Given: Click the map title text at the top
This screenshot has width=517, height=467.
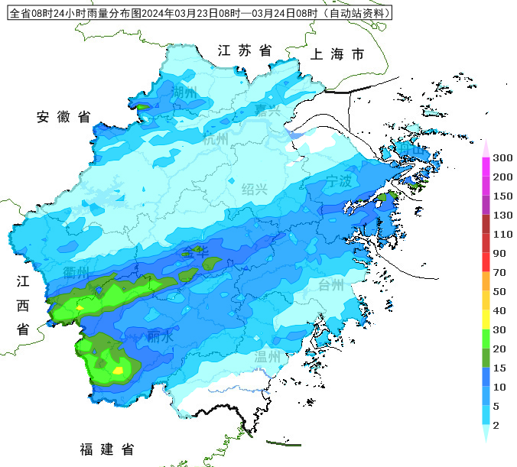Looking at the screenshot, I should click(199, 13).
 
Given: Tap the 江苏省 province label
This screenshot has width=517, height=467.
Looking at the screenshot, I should click(245, 50).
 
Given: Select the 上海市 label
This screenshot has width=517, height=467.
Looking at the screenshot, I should click(337, 54).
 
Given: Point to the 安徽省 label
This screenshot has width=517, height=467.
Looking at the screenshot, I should click(63, 117).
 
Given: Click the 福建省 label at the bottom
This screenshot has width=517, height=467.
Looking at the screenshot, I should click(107, 449).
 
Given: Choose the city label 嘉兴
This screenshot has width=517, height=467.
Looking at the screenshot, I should click(268, 111).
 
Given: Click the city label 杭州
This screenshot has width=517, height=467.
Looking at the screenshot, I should click(216, 139).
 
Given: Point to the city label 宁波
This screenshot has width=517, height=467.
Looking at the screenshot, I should click(339, 181).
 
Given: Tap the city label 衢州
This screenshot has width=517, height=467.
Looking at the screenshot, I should click(76, 273).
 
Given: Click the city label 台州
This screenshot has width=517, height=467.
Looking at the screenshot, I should click(331, 286).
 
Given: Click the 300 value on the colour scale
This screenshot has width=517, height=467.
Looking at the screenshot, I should click(502, 158).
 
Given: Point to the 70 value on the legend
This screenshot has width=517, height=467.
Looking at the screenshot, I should click(499, 272).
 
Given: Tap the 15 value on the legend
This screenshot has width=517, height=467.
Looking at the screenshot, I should click(499, 368).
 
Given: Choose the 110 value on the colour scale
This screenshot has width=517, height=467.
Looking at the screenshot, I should click(502, 234).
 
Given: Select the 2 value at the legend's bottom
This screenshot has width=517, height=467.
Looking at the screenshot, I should click(496, 425).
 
